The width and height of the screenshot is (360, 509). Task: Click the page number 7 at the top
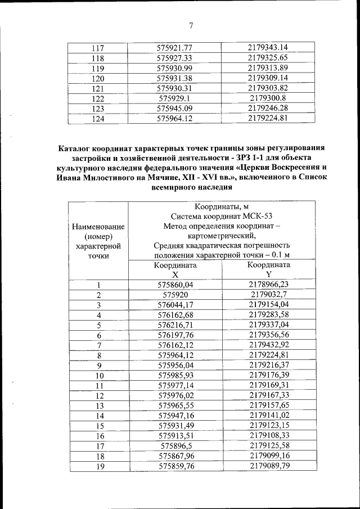[191, 25]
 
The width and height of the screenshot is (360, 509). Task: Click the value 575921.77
[175, 48]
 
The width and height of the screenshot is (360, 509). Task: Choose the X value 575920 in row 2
[175, 294]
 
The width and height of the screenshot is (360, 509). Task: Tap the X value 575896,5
[175, 445]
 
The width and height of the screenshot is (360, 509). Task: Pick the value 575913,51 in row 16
[175, 435]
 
